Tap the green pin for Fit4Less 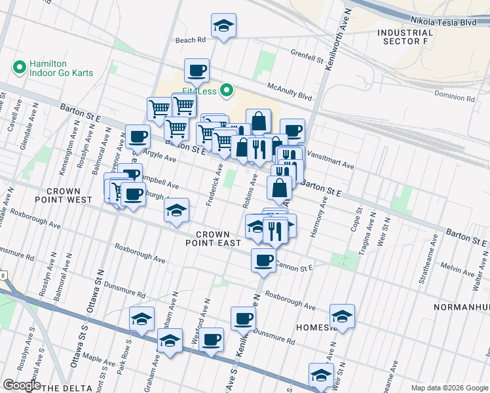(227, 90)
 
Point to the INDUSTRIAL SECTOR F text (405, 37)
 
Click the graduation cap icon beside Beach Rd (223, 27)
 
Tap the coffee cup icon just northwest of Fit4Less (196, 69)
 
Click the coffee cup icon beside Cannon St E (263, 260)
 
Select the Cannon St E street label (294, 266)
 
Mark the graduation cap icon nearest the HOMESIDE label (342, 316)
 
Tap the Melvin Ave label (457, 267)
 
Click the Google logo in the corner (22, 385)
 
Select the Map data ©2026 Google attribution (449, 388)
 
